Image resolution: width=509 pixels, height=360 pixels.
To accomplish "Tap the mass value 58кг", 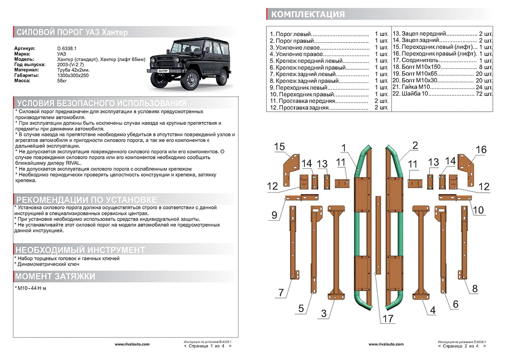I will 63,80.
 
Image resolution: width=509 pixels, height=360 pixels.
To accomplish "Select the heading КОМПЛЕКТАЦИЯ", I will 308,14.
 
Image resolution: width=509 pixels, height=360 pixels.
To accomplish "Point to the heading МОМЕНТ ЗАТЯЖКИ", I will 55,276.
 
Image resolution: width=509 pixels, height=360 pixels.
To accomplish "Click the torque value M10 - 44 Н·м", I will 31,288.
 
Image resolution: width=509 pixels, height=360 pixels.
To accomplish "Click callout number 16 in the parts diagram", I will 481,149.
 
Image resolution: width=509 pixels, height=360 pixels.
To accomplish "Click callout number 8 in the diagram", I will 475,289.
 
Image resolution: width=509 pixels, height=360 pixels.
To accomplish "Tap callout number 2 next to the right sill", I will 415,145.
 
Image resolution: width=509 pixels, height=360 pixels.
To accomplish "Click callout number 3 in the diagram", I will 324,314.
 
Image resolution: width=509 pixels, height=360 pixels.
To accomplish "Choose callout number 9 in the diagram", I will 274,215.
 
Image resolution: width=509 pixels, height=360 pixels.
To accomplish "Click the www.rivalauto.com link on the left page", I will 132,344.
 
